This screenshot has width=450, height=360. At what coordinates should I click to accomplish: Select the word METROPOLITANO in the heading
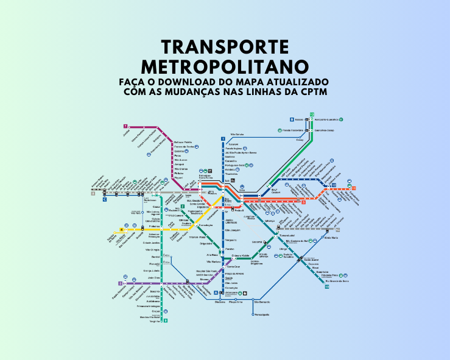(224, 66)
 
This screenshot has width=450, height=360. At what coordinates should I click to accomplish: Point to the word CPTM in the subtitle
(314, 92)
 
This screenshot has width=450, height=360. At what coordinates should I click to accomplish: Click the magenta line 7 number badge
(125, 125)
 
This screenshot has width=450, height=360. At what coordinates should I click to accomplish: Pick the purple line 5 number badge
(120, 283)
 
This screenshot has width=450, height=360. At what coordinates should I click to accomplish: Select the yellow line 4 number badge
(122, 230)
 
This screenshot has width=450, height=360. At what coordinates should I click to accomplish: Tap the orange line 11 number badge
(354, 188)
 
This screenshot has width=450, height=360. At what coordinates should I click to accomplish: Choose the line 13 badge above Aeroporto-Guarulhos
(311, 115)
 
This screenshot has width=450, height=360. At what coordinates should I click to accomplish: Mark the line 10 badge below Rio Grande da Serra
(326, 287)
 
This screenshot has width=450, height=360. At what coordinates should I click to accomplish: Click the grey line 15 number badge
(337, 230)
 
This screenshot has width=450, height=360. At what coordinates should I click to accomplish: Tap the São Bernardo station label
(261, 302)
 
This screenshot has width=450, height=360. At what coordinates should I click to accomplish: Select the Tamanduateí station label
(287, 235)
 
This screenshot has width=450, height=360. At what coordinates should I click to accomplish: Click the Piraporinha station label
(236, 302)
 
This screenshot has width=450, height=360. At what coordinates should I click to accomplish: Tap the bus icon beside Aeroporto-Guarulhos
(343, 119)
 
